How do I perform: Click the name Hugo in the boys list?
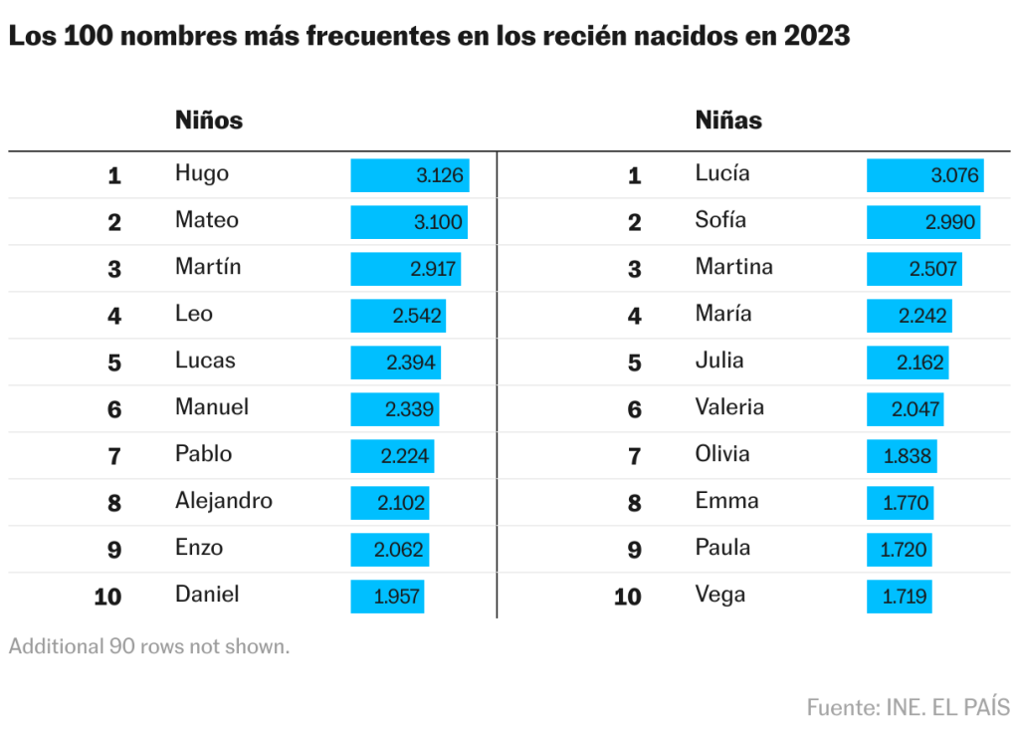click(201, 173)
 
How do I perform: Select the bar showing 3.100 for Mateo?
click(408, 221)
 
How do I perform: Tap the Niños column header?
click(209, 121)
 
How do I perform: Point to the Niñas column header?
click(728, 121)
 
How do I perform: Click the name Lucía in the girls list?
click(722, 173)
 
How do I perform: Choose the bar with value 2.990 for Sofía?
click(923, 221)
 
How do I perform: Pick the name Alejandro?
click(224, 500)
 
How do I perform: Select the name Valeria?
click(729, 406)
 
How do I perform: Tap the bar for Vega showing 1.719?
click(900, 598)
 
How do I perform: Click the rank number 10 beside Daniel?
click(107, 598)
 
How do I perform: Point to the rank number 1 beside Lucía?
click(635, 176)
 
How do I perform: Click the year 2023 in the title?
click(817, 36)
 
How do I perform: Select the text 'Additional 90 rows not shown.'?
click(149, 646)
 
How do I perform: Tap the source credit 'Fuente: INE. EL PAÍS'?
click(908, 707)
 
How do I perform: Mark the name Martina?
click(733, 266)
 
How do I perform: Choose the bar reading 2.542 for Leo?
click(398, 315)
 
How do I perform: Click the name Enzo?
click(199, 547)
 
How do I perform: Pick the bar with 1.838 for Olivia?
click(902, 456)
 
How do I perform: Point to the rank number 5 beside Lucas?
click(114, 363)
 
